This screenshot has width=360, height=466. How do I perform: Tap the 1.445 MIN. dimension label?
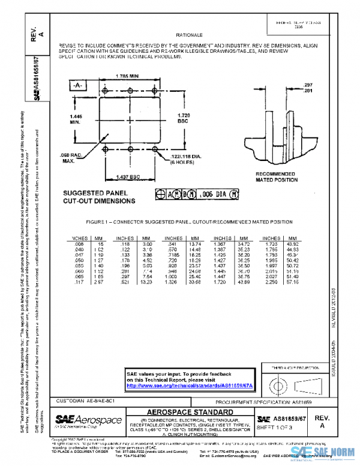point(75,118)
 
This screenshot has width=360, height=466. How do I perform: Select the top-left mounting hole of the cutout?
point(105,91)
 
